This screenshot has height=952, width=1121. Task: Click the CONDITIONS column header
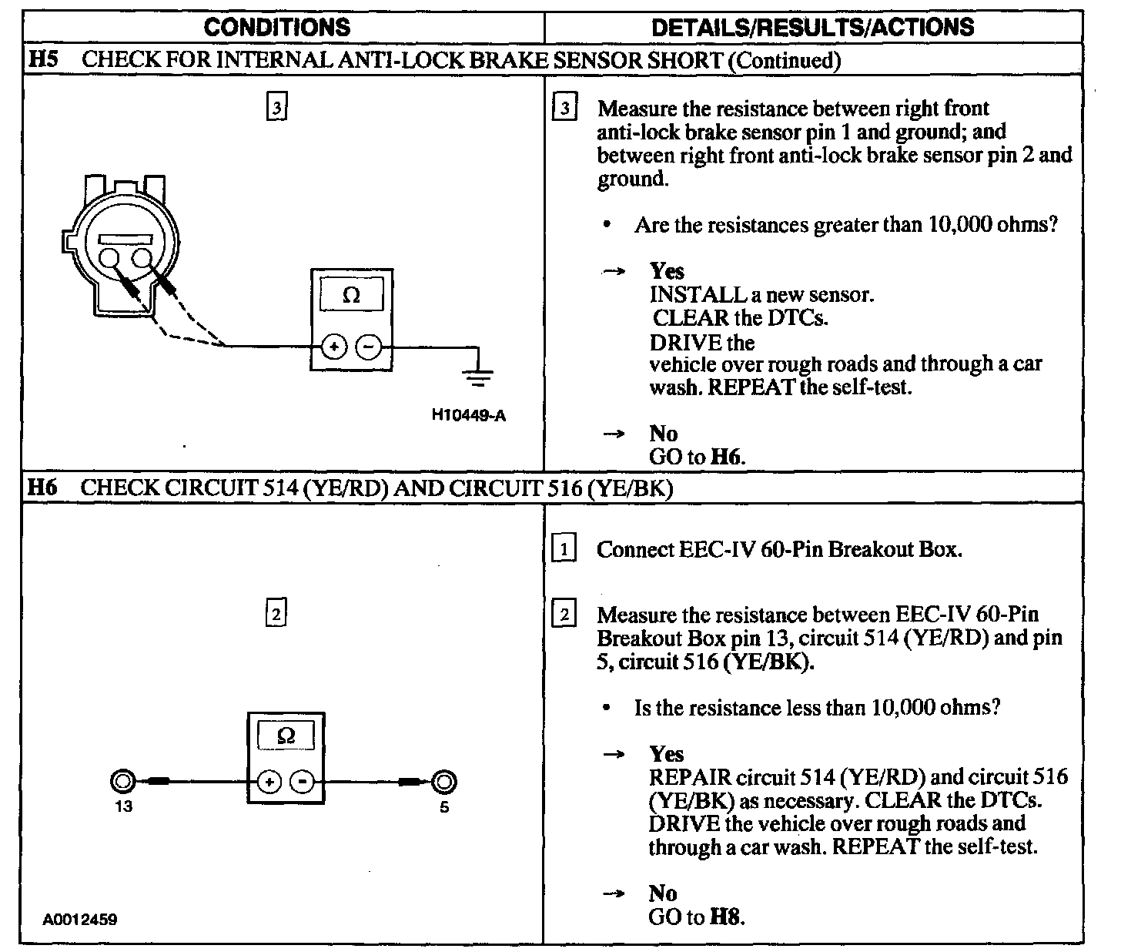[277, 28]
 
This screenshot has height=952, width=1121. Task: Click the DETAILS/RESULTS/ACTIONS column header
[812, 28]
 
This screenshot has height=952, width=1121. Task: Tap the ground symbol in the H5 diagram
[479, 375]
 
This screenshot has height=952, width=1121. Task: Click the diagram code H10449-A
[469, 415]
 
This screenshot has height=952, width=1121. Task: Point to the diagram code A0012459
[81, 920]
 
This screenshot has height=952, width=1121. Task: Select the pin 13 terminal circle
[122, 783]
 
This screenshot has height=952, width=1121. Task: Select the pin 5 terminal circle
[443, 783]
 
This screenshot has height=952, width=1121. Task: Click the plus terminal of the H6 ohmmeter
[269, 783]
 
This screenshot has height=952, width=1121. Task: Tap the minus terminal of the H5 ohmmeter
[370, 347]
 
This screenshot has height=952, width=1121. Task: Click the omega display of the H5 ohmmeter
[351, 295]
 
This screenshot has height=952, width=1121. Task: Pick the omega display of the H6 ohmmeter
[286, 735]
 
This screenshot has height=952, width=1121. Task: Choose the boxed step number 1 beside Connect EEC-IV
[564, 550]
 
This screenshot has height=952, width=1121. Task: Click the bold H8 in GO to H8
[727, 917]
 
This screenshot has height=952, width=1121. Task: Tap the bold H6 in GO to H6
[727, 457]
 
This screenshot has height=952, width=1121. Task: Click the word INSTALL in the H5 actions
[688, 294]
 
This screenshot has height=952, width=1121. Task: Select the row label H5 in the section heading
[43, 59]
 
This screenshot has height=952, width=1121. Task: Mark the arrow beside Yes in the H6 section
[613, 755]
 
